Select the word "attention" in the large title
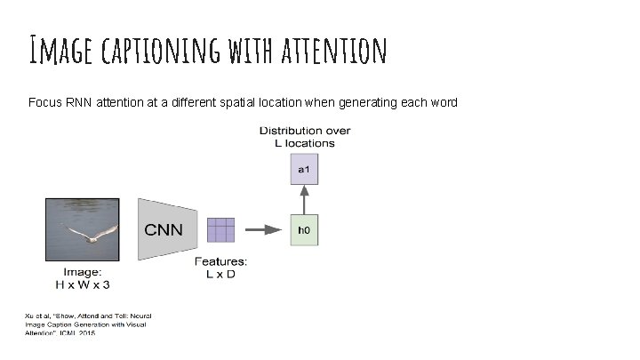tap(333, 51)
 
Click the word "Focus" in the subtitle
tap(44, 102)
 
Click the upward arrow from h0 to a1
tap(303, 200)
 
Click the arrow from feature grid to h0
tap(262, 229)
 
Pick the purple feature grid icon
tap(220, 229)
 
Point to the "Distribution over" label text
tap(305, 131)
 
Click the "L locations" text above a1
tap(304, 142)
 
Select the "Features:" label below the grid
tap(221, 261)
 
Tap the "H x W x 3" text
tap(82, 284)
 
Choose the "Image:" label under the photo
tap(82, 272)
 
